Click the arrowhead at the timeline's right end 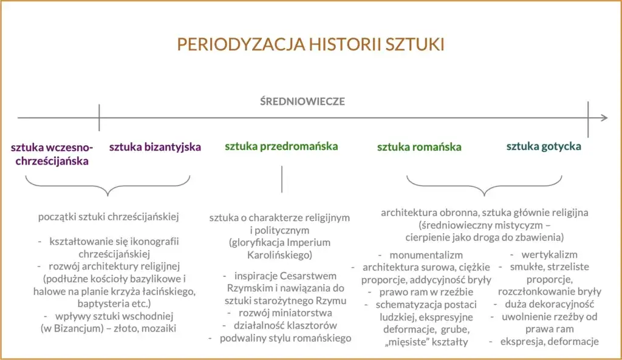[x=603, y=118]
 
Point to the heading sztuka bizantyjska [x=155, y=147]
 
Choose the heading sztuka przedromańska [x=281, y=146]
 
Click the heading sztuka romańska [x=419, y=147]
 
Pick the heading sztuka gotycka [x=544, y=146]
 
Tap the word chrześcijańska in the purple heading [x=52, y=161]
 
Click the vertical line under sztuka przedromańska [x=282, y=179]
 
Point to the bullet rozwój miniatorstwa [x=285, y=313]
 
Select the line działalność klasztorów [x=285, y=326]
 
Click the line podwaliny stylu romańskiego [x=285, y=338]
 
